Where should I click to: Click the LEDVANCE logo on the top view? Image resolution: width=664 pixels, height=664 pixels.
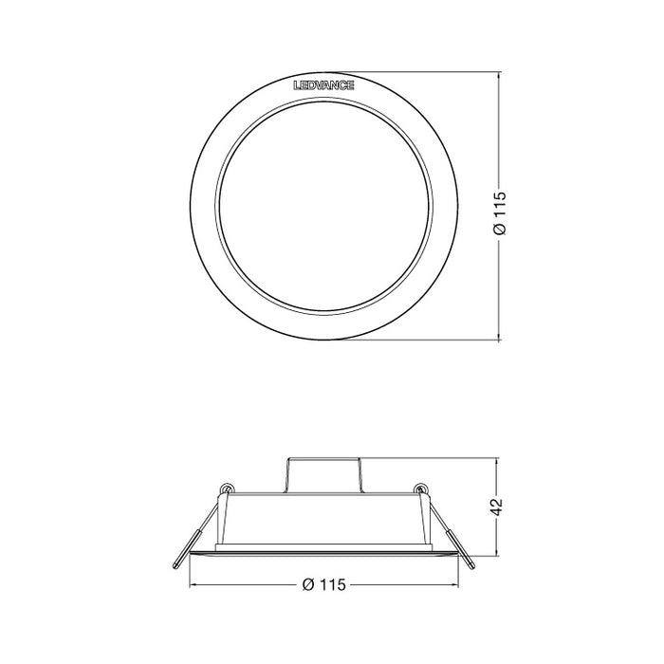coord(325,85)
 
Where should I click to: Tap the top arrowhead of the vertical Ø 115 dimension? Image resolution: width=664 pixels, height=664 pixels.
coord(502,74)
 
